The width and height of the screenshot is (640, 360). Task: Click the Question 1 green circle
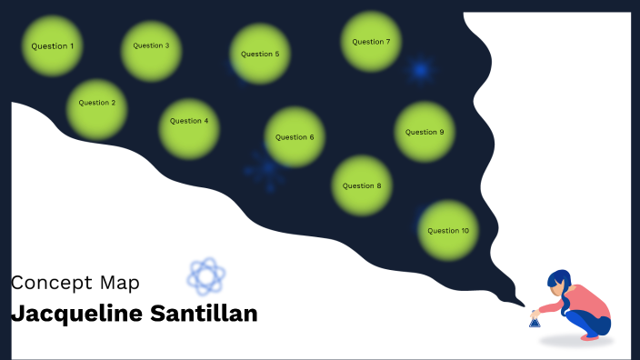[53, 45]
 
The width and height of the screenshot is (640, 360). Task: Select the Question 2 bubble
[97, 103]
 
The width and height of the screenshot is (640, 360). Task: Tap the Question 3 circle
[151, 45]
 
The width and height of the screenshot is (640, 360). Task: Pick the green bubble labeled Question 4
[189, 121]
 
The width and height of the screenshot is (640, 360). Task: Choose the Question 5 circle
[260, 54]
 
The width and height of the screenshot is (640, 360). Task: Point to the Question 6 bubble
[295, 137]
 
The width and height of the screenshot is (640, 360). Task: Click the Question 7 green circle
[371, 42]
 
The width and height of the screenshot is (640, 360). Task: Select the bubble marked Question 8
[362, 185]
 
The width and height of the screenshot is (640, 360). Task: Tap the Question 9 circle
[425, 132]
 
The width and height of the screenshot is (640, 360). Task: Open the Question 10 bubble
[448, 230]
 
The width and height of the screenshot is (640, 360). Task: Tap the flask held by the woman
[535, 321]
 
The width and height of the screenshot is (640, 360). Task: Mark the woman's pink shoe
[592, 335]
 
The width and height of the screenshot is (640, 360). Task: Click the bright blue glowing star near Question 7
[420, 70]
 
